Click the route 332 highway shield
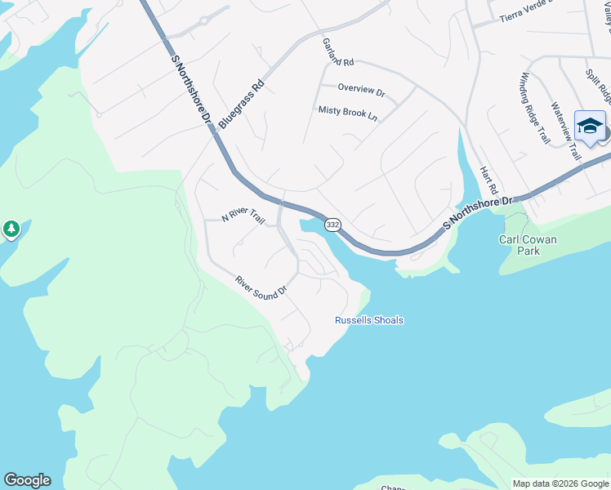[332, 224]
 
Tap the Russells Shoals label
[369, 320]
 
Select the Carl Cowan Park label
[528, 245]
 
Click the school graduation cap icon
[590, 126]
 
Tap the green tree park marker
[11, 229]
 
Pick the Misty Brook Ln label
[348, 114]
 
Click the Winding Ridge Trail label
[534, 108]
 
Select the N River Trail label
[244, 217]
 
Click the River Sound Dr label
[261, 286]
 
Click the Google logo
[27, 480]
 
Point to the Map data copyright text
[560, 483]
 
